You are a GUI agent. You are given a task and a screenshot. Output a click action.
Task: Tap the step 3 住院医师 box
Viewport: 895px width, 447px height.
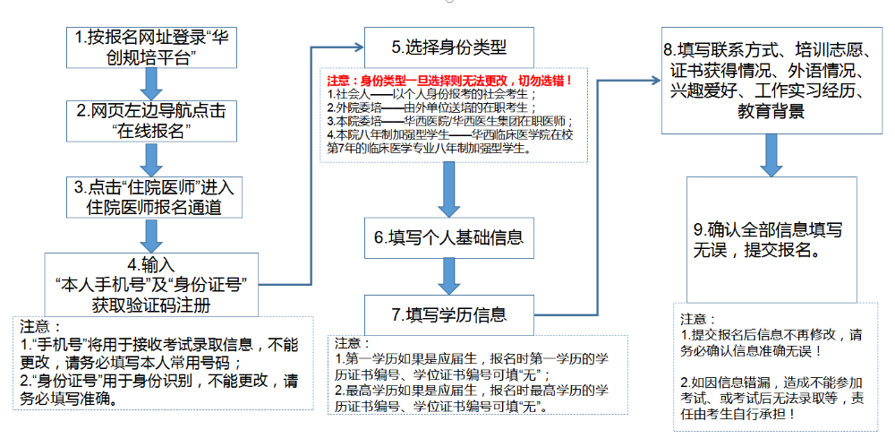pos(154,197)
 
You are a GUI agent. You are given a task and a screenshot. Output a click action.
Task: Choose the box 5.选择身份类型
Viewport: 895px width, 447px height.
pos(449,46)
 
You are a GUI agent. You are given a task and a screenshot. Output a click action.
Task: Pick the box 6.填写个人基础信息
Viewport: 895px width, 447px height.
pos(449,238)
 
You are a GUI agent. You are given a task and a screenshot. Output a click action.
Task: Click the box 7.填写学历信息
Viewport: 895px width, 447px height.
pos(449,314)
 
